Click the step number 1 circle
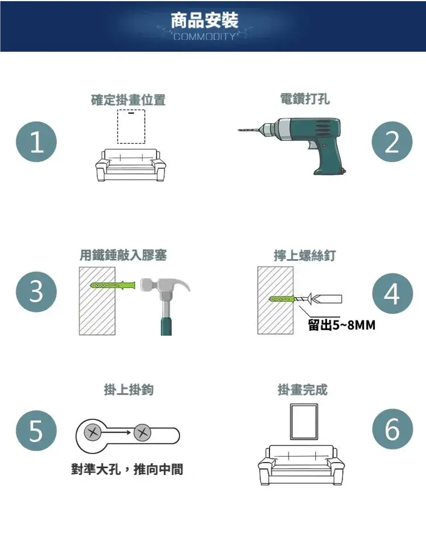[36, 141]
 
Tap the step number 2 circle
[392, 141]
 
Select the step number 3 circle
[36, 292]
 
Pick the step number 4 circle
[392, 293]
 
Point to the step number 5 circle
[36, 430]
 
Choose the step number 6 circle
[392, 429]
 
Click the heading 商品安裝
[204, 20]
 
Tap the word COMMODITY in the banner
[204, 36]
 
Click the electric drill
[293, 145]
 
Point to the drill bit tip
[239, 130]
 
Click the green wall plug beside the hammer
[113, 285]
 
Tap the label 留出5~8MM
[341, 324]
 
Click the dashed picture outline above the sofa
[118, 127]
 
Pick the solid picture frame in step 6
[291, 422]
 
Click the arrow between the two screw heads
[116, 432]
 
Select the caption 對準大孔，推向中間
[127, 469]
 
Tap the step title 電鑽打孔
[305, 99]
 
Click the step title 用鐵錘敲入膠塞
[123, 255]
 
